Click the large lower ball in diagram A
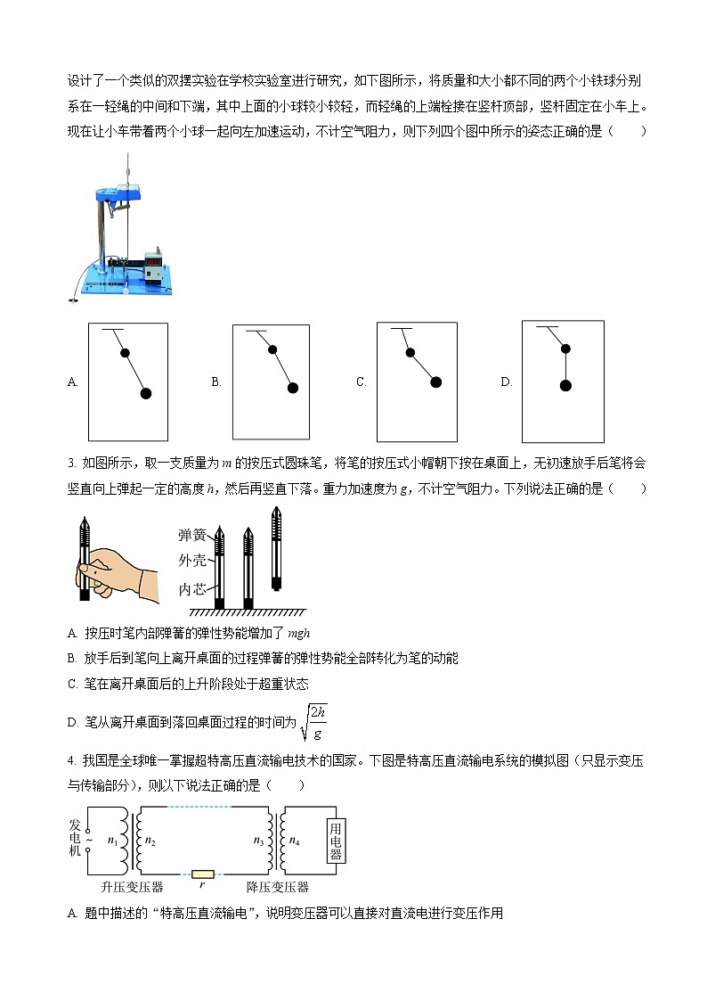pos(145,393)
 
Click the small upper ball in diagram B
pos(273,350)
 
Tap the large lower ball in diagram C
pos(435,382)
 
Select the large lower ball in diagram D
pos(565,385)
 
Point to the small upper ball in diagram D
pos(565,349)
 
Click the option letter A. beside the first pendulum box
pos(73,382)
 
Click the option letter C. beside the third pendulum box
pos(362,382)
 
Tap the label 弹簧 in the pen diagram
pos(192,535)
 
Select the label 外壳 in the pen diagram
pos(192,561)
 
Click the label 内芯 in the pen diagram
pos(192,589)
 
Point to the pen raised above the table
pos(277,548)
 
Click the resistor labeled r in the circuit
pos(203,875)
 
